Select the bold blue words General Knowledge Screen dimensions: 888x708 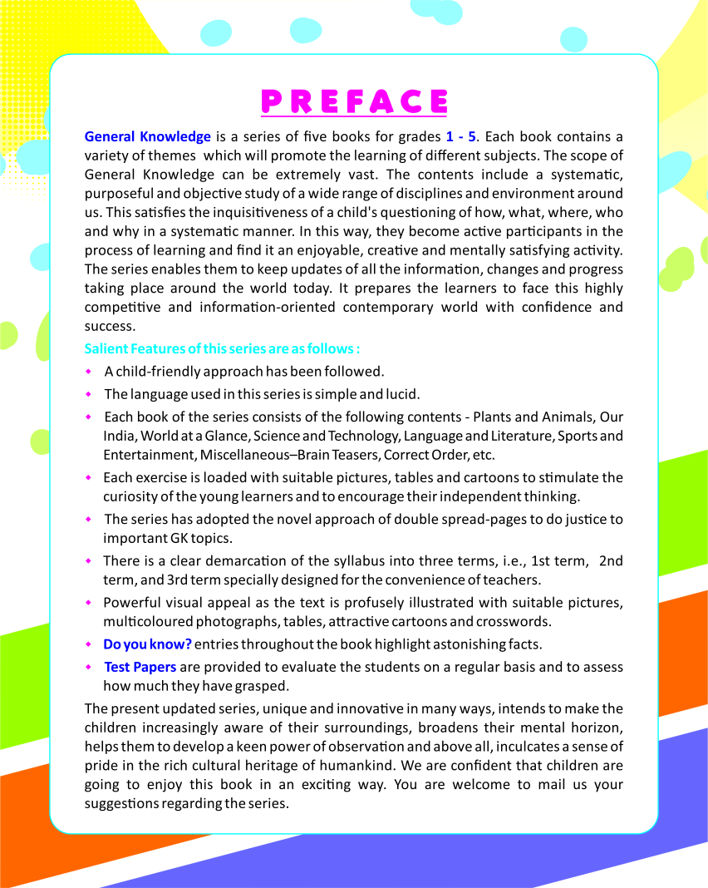point(148,136)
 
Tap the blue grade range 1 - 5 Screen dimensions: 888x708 point(461,136)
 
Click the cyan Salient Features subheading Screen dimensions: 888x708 point(222,348)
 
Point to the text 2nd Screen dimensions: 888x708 point(611,561)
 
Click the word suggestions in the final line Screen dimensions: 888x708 point(122,804)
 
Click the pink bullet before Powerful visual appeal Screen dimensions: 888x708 point(90,602)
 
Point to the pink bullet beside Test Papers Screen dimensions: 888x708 point(90,667)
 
